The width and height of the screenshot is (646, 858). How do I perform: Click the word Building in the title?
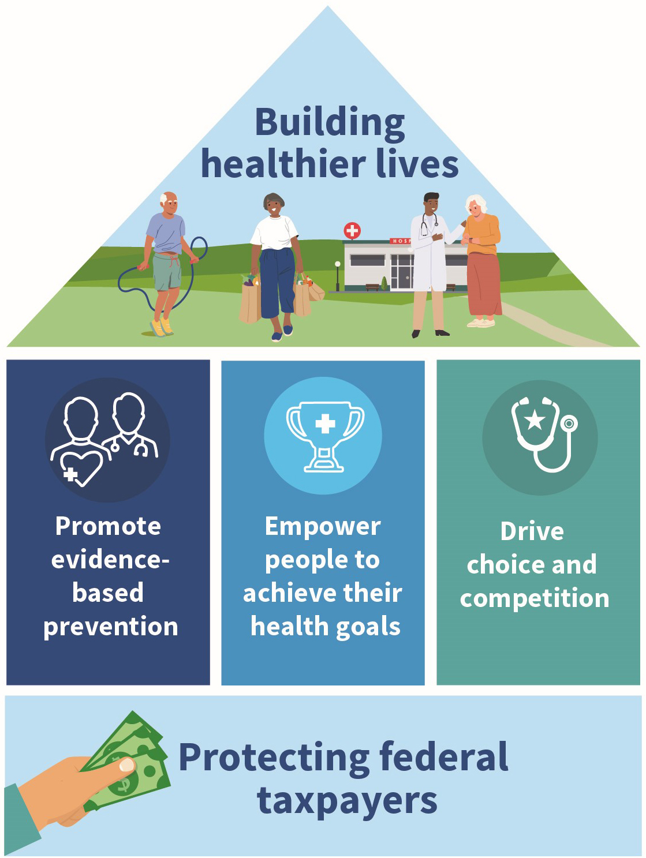[330, 123]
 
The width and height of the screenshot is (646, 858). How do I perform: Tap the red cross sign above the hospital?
[352, 231]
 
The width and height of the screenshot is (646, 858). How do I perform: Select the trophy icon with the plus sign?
[325, 436]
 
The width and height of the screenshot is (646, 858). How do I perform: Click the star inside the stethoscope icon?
[535, 419]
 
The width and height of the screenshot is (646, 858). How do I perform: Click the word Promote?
[108, 526]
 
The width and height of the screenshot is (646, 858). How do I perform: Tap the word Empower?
[323, 526]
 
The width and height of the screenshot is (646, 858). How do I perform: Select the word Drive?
[532, 531]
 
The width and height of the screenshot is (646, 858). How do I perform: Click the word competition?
[535, 598]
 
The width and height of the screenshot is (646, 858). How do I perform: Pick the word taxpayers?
[347, 801]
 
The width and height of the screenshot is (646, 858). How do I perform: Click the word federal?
[444, 757]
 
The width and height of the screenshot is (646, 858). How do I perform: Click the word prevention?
[111, 627]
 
